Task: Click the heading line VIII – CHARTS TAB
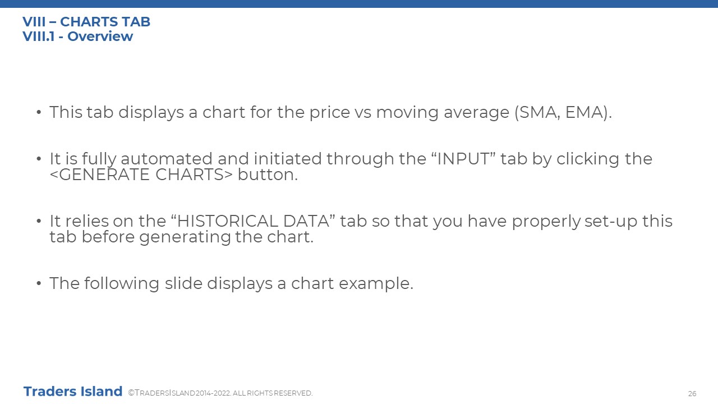[x=86, y=22]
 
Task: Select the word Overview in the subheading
[x=100, y=36]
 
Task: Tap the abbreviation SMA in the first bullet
[x=538, y=112]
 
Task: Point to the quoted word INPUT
[x=463, y=159]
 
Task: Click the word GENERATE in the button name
[x=104, y=175]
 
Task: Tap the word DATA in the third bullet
[x=306, y=221]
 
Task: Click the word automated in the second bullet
[x=167, y=159]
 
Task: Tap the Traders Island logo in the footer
[x=73, y=392]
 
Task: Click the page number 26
[x=692, y=393]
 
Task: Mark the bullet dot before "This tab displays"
[x=39, y=113]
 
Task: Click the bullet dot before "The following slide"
[x=39, y=284]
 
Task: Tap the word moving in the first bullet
[x=407, y=113]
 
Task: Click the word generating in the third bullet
[x=185, y=237]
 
